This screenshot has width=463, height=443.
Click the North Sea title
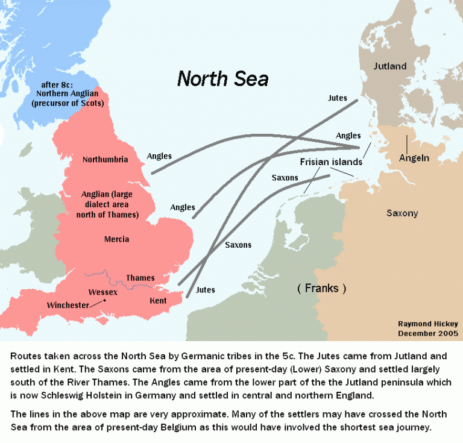click(222, 79)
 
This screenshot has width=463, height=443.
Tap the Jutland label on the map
click(390, 66)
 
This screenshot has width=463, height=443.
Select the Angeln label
click(414, 159)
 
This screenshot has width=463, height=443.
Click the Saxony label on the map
click(402, 213)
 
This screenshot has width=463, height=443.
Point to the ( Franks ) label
click(322, 288)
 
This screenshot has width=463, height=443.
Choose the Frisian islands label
click(331, 162)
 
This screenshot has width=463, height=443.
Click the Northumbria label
click(105, 160)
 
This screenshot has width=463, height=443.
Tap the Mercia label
click(116, 239)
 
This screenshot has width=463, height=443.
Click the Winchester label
click(68, 306)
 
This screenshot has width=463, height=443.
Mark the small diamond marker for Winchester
click(104, 300)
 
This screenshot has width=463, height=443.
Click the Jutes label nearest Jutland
click(337, 98)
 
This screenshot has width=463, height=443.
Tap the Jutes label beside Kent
click(206, 290)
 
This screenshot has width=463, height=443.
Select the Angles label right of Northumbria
click(159, 156)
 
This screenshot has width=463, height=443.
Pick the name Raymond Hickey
click(427, 323)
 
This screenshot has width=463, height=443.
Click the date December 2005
click(427, 333)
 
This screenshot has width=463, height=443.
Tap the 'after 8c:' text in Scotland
click(71, 84)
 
